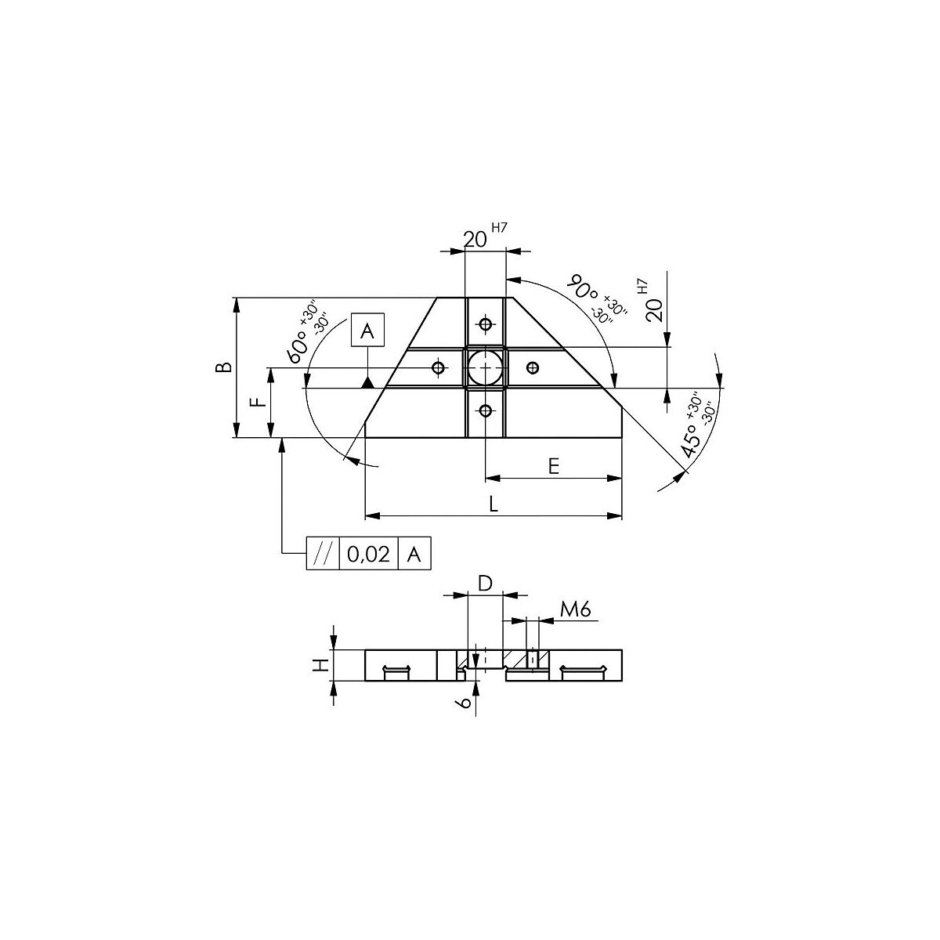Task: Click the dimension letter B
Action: pyautogui.click(x=223, y=367)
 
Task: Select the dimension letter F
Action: pyautogui.click(x=258, y=402)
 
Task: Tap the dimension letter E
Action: pyautogui.click(x=553, y=467)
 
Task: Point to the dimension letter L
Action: pyautogui.click(x=493, y=504)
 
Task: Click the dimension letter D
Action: pyautogui.click(x=486, y=584)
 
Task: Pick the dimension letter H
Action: pyautogui.click(x=320, y=664)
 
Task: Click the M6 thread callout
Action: pyautogui.click(x=576, y=609)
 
